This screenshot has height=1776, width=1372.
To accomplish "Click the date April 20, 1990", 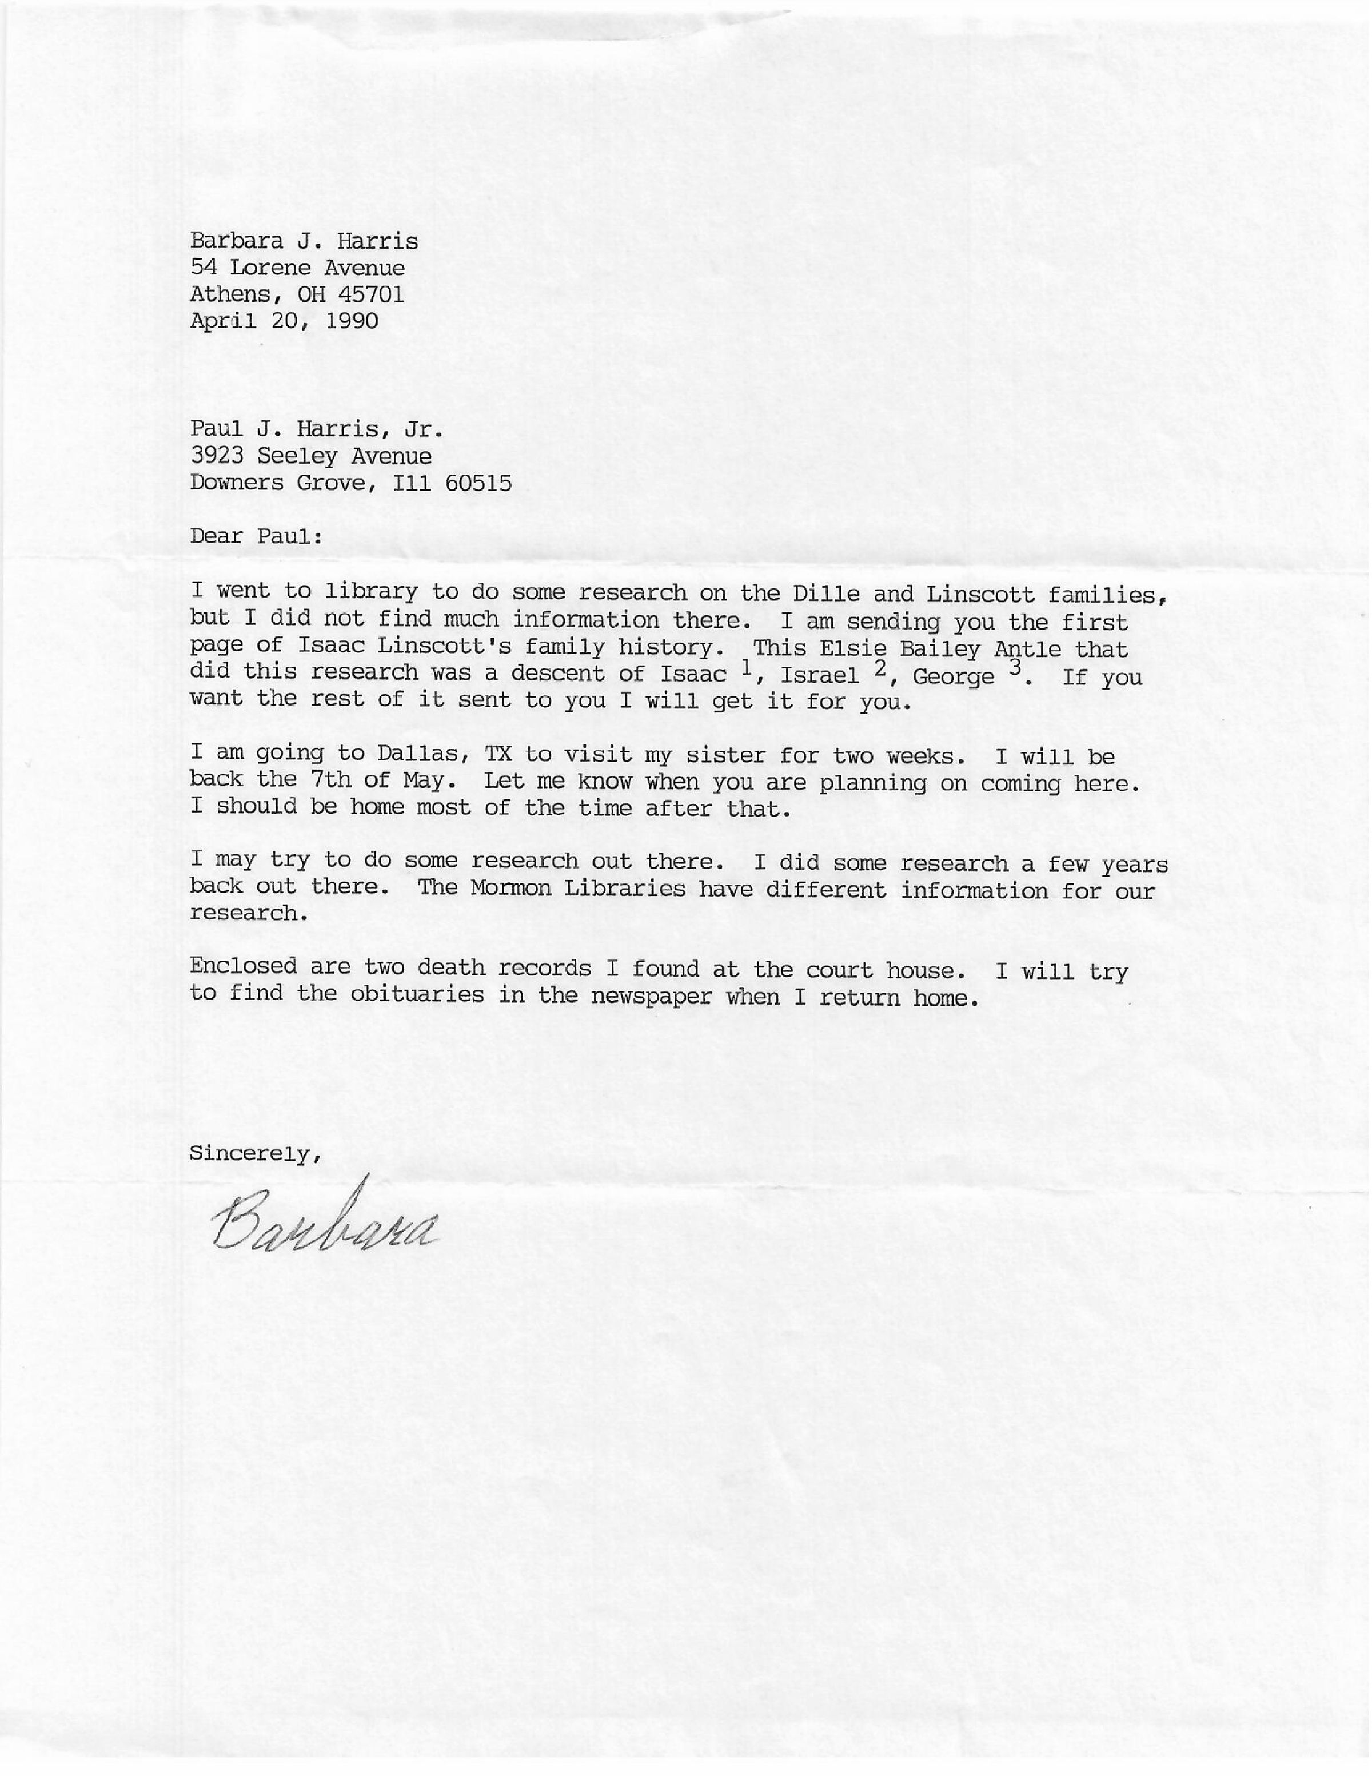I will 284,321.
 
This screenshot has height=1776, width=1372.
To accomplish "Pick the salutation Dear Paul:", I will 256,536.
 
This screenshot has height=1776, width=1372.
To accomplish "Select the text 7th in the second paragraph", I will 330,780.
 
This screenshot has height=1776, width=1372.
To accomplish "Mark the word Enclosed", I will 242,966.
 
